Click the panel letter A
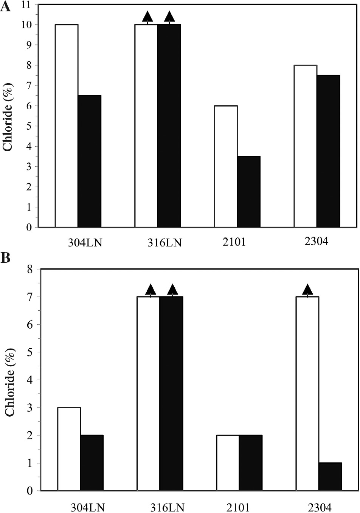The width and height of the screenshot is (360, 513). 6,7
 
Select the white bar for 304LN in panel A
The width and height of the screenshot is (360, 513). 67,126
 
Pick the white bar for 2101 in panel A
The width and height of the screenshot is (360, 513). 226,166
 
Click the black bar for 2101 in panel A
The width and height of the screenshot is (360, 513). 249,192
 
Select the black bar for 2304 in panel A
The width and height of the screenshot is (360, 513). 328,151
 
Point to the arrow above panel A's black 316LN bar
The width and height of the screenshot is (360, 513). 169,17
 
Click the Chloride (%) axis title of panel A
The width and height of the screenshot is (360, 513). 8,116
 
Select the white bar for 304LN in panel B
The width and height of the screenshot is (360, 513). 69,449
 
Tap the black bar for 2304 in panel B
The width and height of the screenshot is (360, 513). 330,477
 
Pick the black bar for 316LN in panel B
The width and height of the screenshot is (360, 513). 171,394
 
